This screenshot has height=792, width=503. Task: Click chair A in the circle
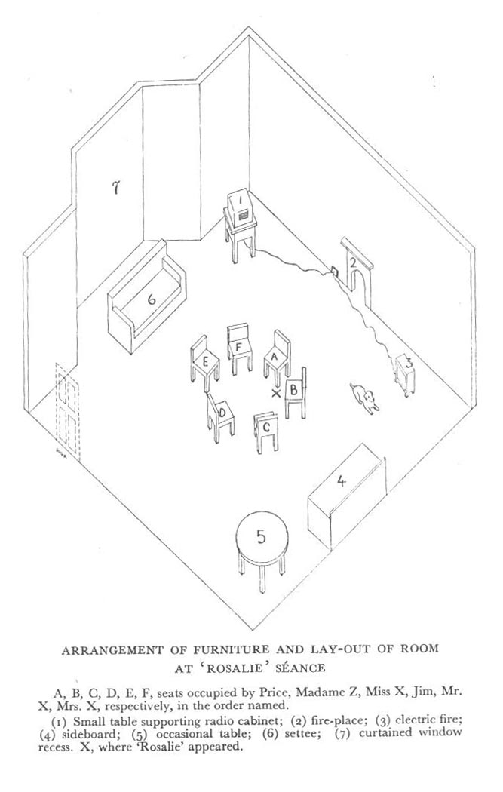(x=277, y=358)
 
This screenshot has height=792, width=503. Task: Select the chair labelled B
(x=296, y=392)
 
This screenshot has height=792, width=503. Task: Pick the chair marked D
(x=220, y=416)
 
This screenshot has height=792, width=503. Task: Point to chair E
(x=204, y=362)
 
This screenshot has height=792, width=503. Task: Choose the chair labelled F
(x=239, y=348)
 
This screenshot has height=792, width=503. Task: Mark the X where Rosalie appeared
(x=276, y=394)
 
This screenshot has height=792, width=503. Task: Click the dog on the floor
(x=364, y=397)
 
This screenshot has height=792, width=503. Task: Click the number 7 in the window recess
(x=115, y=187)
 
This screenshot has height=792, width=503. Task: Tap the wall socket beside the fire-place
(x=335, y=270)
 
